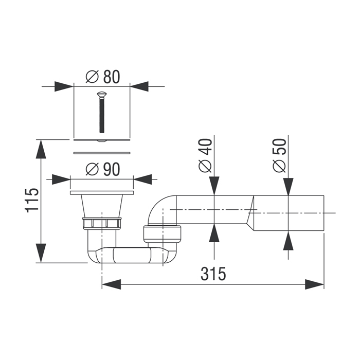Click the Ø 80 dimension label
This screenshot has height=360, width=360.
[x=103, y=77]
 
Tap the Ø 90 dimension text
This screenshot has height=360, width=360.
[x=103, y=169]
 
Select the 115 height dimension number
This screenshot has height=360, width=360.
[x=31, y=201]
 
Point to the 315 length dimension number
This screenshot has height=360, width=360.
[x=213, y=274]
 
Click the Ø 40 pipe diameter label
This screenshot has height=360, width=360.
[x=205, y=155]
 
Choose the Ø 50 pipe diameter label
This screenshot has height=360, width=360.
[x=280, y=155]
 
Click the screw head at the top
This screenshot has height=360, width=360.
[x=101, y=94]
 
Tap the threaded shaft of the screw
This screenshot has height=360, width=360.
[x=102, y=115]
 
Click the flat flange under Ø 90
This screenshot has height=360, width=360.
[x=102, y=193]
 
